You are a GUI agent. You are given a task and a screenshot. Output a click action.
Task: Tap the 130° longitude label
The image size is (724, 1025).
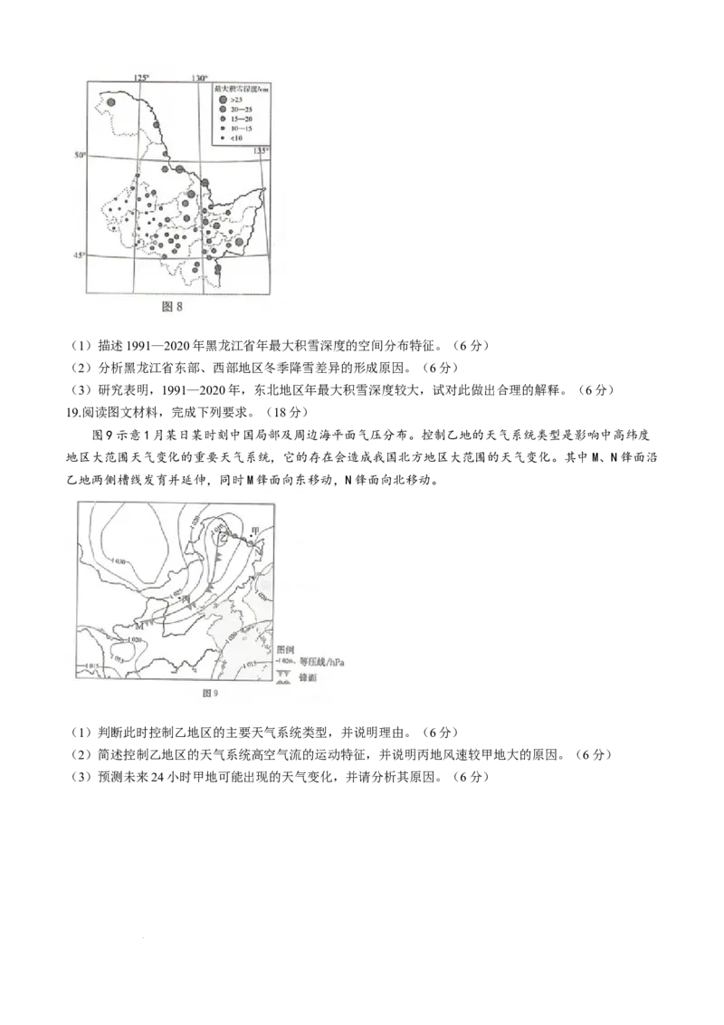pyautogui.click(x=199, y=79)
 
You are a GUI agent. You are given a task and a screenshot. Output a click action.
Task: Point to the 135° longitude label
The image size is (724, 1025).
pyautogui.click(x=261, y=150)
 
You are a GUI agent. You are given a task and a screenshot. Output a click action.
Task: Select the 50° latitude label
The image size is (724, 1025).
pyautogui.click(x=79, y=156)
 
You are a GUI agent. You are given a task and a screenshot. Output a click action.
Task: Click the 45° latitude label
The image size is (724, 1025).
pyautogui.click(x=79, y=255)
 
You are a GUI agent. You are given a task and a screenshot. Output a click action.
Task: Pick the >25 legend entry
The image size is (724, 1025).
pyautogui.click(x=235, y=98)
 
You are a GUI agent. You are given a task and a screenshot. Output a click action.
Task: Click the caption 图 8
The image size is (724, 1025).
pyautogui.click(x=172, y=306)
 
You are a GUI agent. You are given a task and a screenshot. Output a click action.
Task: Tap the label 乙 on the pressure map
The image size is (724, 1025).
pyautogui.click(x=224, y=541)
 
